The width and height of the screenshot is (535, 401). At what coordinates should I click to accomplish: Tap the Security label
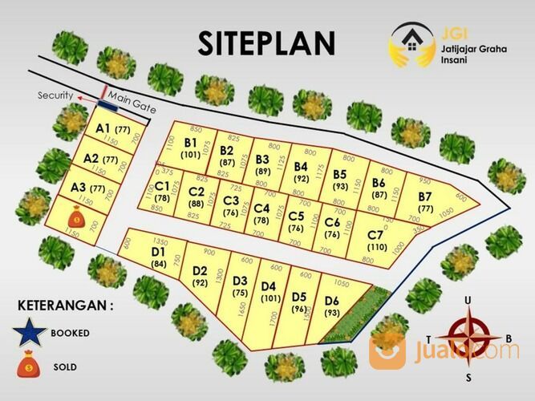tap(55, 95)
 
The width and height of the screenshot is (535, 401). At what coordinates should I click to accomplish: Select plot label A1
tap(103, 128)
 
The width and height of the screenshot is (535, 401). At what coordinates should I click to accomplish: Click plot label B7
tap(425, 196)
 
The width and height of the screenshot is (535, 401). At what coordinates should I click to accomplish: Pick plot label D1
tap(158, 252)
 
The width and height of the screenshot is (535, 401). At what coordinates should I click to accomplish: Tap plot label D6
tap(332, 301)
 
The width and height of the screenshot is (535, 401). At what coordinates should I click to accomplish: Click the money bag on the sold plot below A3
tap(75, 217)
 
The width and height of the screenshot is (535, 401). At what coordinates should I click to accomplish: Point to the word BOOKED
tap(70, 332)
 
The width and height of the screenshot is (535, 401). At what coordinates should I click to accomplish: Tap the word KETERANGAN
tap(63, 305)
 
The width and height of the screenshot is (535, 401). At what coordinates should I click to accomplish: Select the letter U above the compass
tap(468, 300)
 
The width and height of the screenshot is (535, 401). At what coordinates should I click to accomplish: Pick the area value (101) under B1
tap(190, 154)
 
